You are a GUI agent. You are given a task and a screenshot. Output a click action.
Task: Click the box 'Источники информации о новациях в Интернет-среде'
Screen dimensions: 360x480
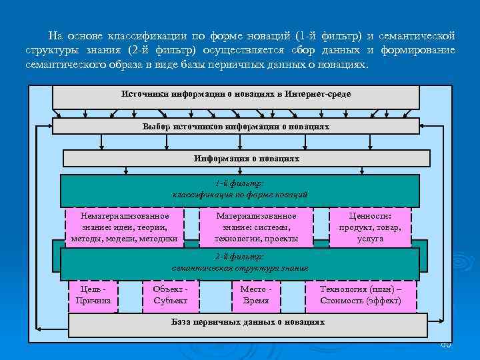236,97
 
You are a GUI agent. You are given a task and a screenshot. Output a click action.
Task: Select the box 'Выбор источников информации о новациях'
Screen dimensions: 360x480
236,126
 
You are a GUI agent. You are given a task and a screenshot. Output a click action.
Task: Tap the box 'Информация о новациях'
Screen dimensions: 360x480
246,159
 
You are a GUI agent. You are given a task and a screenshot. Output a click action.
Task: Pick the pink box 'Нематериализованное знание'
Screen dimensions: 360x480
125,227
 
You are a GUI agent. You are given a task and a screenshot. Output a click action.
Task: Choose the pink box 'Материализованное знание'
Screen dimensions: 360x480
257,227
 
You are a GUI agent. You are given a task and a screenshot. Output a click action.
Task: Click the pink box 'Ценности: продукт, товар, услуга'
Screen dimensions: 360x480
370,227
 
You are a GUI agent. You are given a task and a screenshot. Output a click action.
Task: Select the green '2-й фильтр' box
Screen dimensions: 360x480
240,261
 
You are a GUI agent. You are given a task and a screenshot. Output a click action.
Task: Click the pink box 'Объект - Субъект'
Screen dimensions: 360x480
171,295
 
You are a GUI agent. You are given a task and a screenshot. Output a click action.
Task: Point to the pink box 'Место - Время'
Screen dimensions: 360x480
256,295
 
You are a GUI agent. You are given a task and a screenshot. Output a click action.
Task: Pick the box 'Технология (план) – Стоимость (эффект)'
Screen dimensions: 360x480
361,295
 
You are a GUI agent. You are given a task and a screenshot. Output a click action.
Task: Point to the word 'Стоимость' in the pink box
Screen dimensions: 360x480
345,301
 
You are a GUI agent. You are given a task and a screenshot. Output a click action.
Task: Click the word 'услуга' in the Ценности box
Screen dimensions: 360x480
370,239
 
